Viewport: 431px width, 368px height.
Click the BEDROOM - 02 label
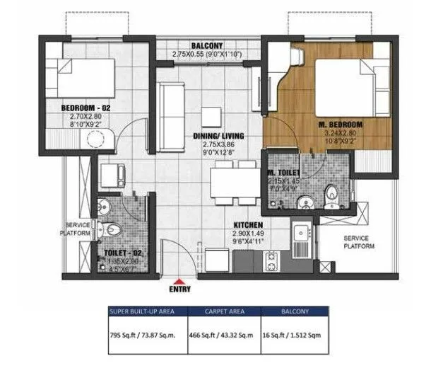click(81, 108)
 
